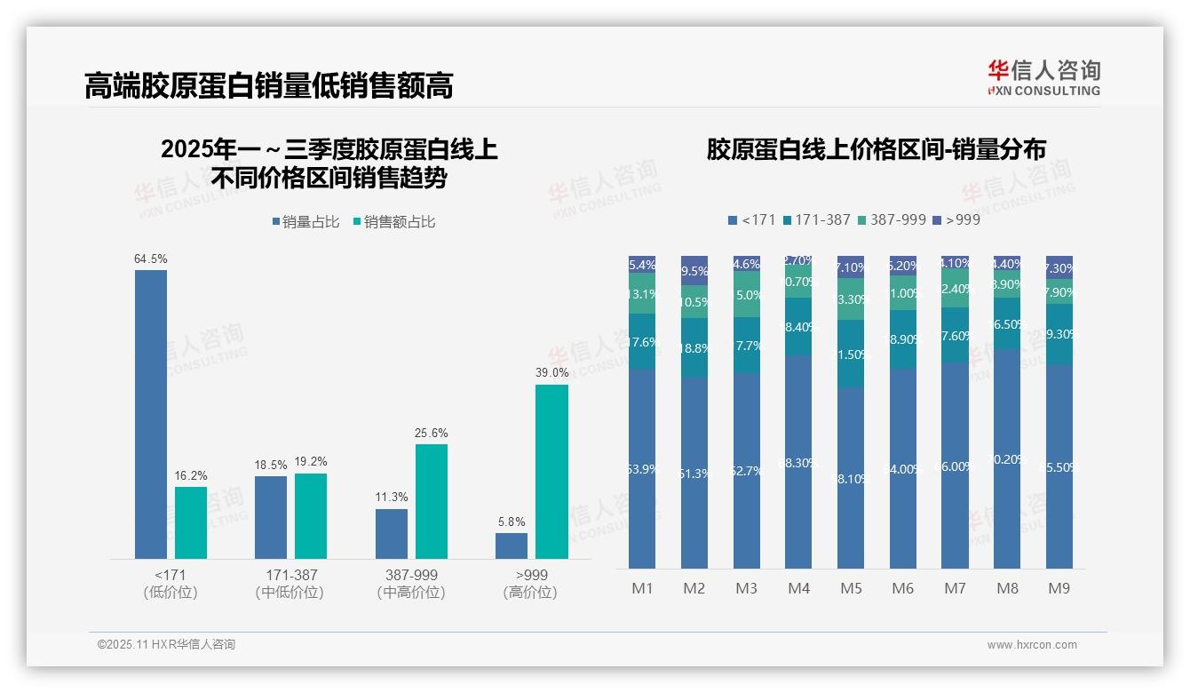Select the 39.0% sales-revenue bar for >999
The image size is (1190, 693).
pos(551,471)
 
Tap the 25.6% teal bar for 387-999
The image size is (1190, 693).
pos(432,501)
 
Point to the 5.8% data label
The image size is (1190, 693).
pos(512,522)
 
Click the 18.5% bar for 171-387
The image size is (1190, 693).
pos(271,517)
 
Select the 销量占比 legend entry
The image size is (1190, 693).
pos(305,222)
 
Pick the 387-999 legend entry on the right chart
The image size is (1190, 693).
pos(892,219)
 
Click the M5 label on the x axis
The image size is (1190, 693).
pos(851,588)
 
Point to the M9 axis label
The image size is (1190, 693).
pos(1059,588)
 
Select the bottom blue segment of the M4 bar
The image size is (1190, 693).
pos(798,462)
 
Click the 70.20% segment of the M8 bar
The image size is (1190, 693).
pos(1007,458)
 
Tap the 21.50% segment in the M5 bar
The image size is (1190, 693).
pos(851,354)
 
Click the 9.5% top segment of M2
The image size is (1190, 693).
pos(694,271)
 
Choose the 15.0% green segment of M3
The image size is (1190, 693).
pos(747,294)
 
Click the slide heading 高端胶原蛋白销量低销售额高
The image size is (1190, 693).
pos(269,85)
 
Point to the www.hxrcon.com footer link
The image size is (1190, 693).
pos(1032,645)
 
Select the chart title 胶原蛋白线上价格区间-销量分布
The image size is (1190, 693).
pos(876,149)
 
